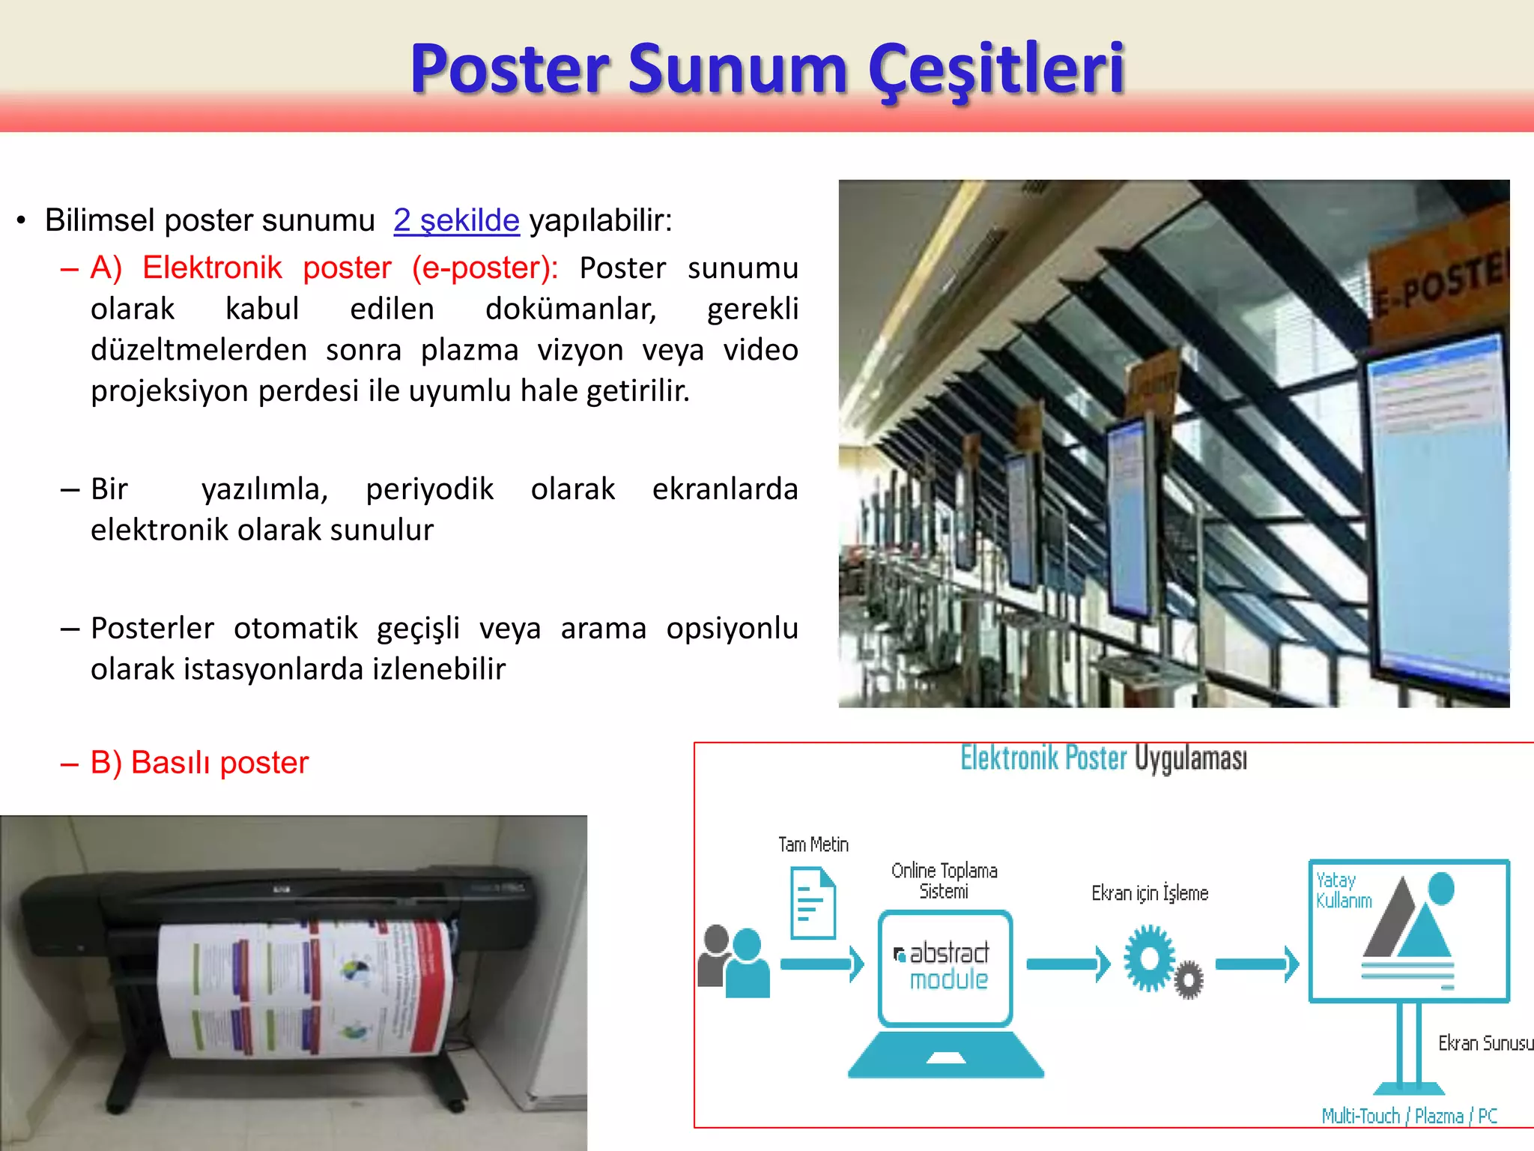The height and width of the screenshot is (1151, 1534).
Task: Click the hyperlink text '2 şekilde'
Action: pos(456,220)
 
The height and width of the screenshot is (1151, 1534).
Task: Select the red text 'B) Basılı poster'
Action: pos(199,763)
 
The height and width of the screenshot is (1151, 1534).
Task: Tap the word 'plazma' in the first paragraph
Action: pos(469,350)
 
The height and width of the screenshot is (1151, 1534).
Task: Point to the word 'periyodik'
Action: pos(429,489)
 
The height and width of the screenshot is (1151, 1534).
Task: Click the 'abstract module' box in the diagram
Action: pos(945,967)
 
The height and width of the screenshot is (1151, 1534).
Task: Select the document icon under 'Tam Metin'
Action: pos(813,902)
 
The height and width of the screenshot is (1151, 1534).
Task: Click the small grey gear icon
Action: pos(1189,979)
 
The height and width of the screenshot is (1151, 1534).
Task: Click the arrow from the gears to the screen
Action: pos(1256,964)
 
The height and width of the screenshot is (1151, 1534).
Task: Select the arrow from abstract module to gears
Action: pos(1067,964)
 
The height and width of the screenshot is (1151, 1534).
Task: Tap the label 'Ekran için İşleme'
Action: pos(1150,893)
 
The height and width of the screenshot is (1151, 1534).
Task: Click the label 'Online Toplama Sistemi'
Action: pos(944,880)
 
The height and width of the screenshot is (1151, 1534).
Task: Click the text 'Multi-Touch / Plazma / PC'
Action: pos(1409,1117)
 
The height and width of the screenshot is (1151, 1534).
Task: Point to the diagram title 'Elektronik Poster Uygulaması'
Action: pos(1103,758)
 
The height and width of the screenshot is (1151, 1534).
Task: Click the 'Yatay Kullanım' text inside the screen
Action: pos(1343,890)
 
